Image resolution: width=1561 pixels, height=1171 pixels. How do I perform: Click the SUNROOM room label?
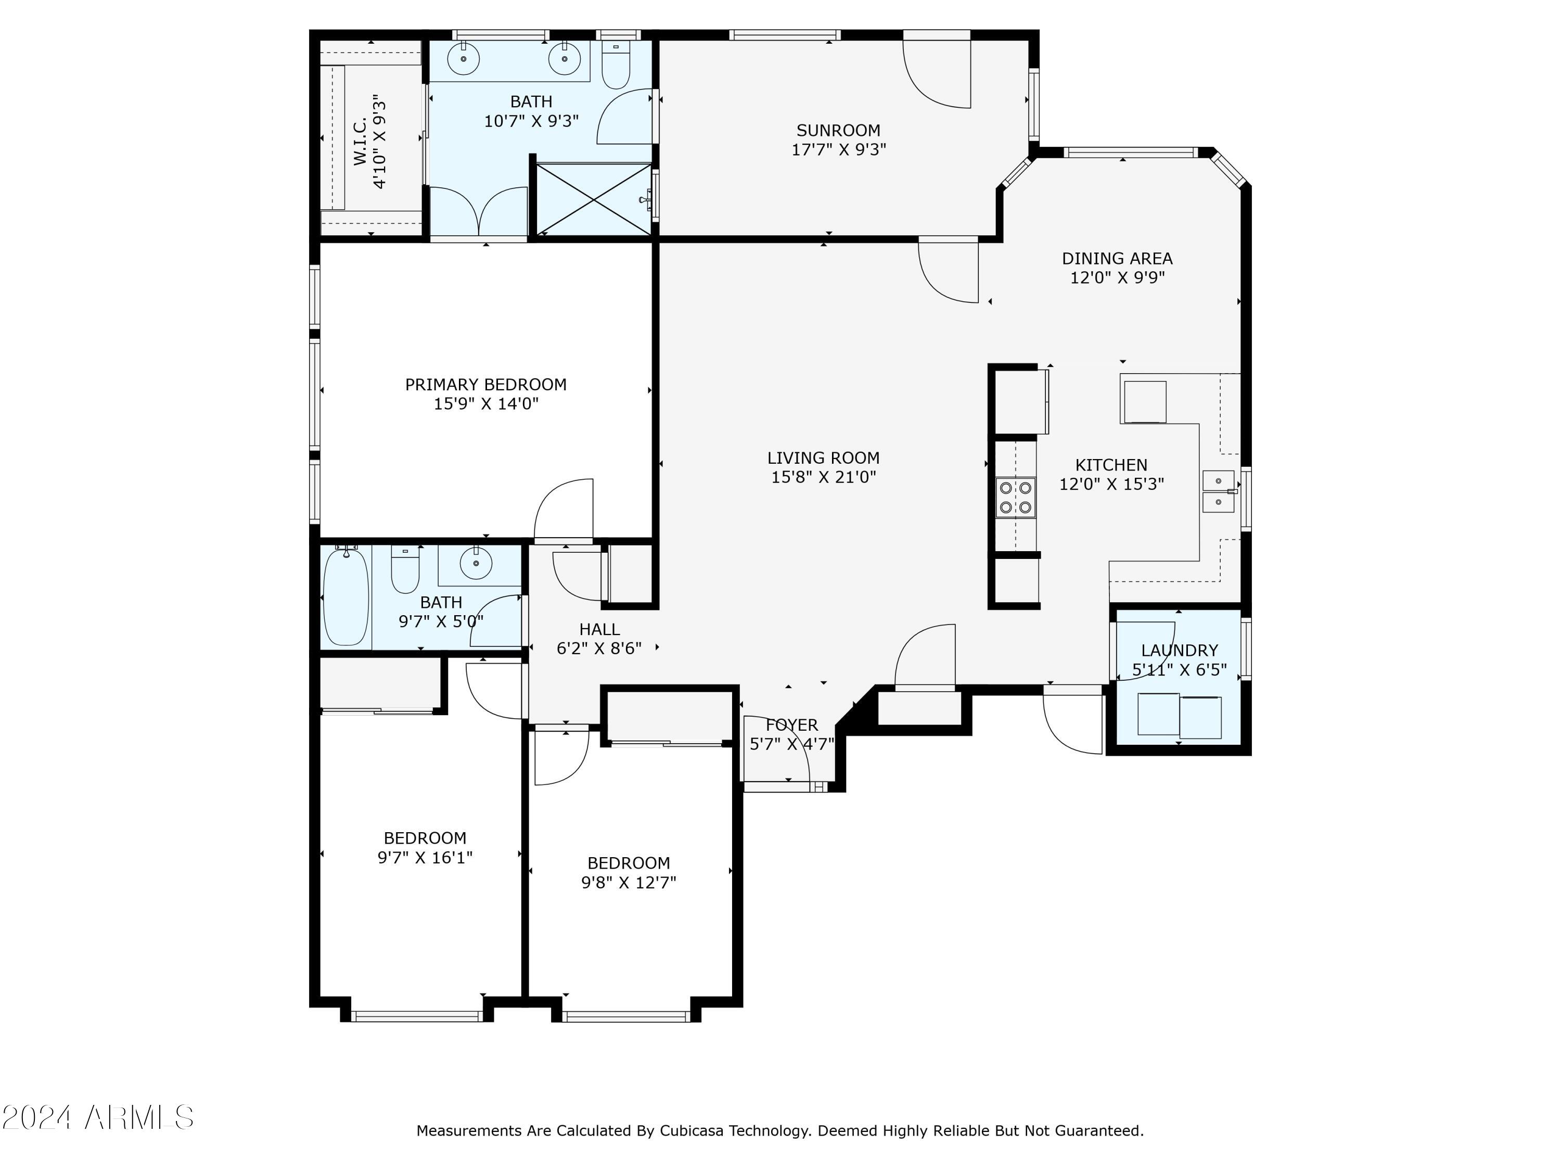click(x=838, y=131)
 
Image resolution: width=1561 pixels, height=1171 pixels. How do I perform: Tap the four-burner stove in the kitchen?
click(x=1016, y=498)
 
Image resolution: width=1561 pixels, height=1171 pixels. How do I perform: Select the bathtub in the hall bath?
click(x=346, y=597)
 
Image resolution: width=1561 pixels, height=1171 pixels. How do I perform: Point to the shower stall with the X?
click(x=594, y=199)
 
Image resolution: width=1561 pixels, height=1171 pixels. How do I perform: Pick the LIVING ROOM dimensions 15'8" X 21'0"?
click(x=824, y=477)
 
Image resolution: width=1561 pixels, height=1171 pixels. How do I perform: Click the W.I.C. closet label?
click(x=360, y=142)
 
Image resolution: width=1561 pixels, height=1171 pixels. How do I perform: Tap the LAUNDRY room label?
click(x=1179, y=650)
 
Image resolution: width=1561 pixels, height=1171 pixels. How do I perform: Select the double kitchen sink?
click(x=1219, y=491)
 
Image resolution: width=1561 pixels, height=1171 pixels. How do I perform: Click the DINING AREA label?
click(x=1117, y=259)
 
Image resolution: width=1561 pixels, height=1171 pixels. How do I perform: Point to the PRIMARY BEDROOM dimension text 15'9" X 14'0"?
click(x=486, y=404)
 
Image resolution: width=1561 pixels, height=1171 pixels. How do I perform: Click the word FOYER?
click(x=792, y=725)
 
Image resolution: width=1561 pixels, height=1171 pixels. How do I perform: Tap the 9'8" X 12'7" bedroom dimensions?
click(x=629, y=882)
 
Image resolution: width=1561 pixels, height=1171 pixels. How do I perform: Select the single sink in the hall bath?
click(x=476, y=563)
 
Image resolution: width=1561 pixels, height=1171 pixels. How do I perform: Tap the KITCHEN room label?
click(x=1111, y=465)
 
